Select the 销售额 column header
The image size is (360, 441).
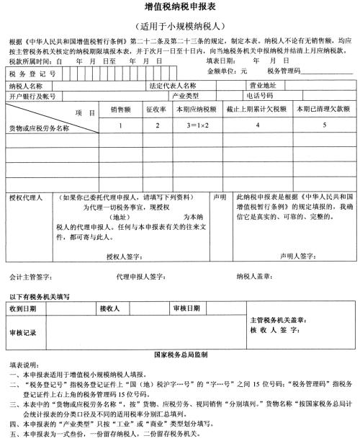click(x=120, y=109)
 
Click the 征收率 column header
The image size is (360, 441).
click(x=156, y=109)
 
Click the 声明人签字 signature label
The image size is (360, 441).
click(x=297, y=256)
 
